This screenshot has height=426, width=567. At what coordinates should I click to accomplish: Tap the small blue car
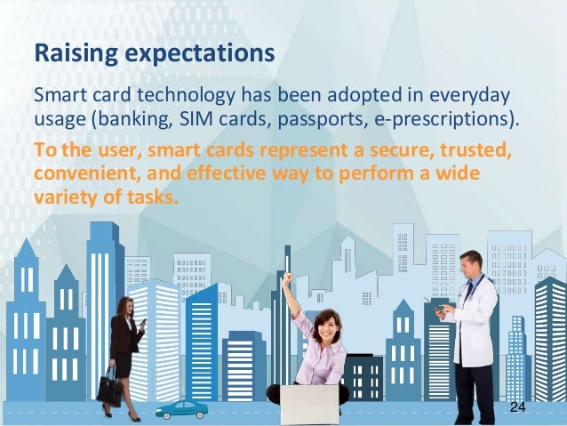(x=181, y=408)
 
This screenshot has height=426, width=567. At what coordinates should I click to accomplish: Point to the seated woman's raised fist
(x=286, y=278)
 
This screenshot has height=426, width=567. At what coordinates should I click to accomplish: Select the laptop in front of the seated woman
(x=308, y=404)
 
